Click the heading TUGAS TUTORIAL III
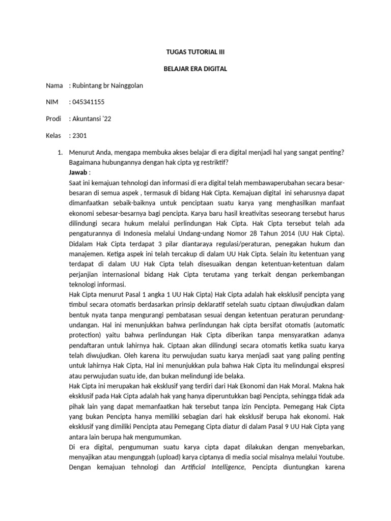tap(195, 52)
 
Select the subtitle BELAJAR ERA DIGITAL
tap(195, 69)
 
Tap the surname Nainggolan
tap(124, 85)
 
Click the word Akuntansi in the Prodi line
tap(87, 119)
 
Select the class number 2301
tap(79, 136)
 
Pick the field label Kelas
tap(54, 136)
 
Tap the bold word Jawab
tap(77, 172)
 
